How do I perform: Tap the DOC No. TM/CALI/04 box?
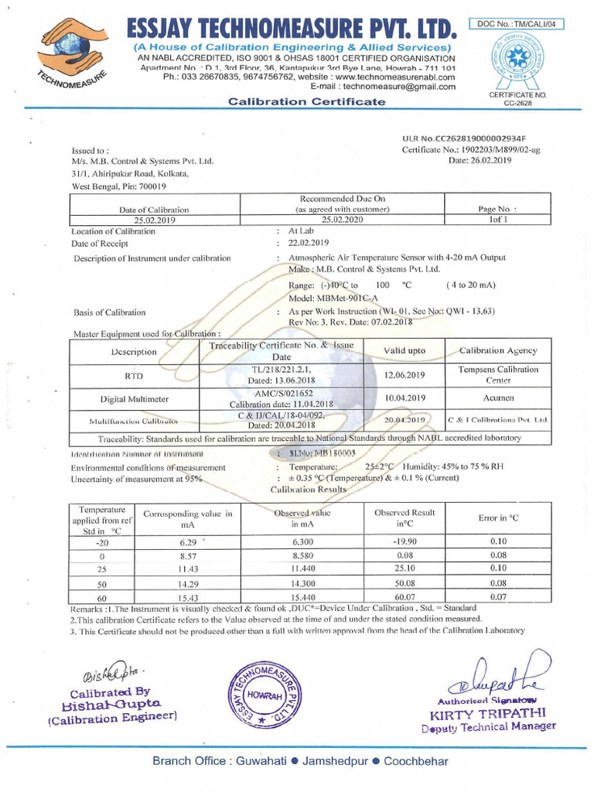pyautogui.click(x=516, y=24)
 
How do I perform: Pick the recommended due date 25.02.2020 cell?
pyautogui.click(x=343, y=220)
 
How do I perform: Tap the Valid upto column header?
pyautogui.click(x=405, y=350)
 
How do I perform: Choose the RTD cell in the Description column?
pyautogui.click(x=133, y=376)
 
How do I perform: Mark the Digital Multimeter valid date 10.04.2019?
pyautogui.click(x=405, y=398)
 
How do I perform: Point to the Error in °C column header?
pyautogui.click(x=498, y=517)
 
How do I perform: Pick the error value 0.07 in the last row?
pyautogui.click(x=498, y=596)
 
